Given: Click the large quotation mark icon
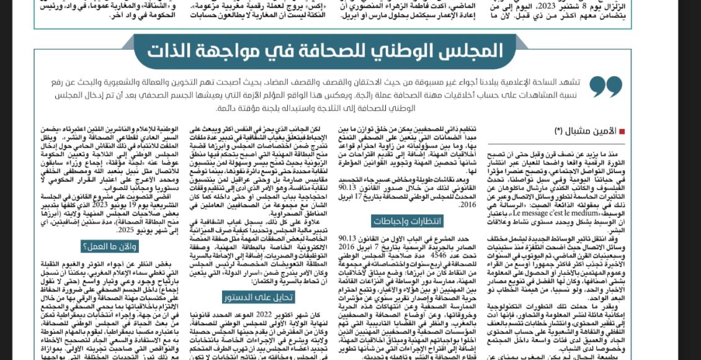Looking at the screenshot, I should click(605, 86).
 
